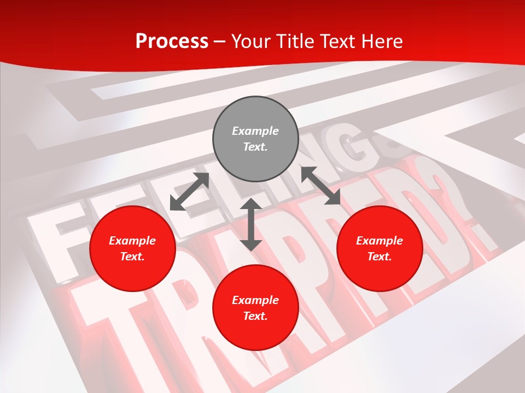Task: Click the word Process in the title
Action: (x=172, y=41)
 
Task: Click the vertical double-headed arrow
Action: (x=251, y=224)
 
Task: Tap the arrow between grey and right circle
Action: (x=320, y=186)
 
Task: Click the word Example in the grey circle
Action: (x=255, y=131)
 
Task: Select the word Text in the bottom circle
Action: (x=254, y=316)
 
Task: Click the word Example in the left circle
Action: (x=132, y=241)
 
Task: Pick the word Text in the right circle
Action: (x=378, y=257)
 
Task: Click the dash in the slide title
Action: (x=220, y=41)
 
